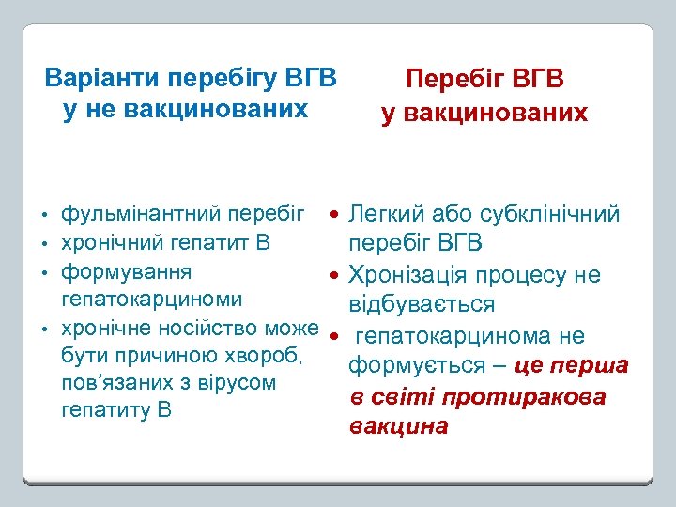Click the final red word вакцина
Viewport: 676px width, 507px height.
click(x=398, y=427)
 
